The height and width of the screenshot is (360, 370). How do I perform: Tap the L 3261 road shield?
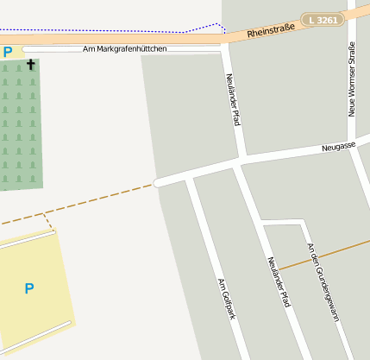324,19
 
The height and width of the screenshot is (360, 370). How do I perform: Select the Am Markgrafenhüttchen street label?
124,49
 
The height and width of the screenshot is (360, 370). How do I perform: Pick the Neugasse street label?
338,148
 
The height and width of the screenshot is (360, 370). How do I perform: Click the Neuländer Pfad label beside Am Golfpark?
278,281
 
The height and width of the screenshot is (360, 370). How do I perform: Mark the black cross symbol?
31,65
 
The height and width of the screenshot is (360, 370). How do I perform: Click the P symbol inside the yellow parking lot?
29,288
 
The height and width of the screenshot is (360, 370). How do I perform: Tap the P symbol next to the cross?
8,52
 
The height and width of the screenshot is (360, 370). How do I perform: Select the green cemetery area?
21,129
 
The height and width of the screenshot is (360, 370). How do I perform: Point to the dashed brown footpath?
86,200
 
